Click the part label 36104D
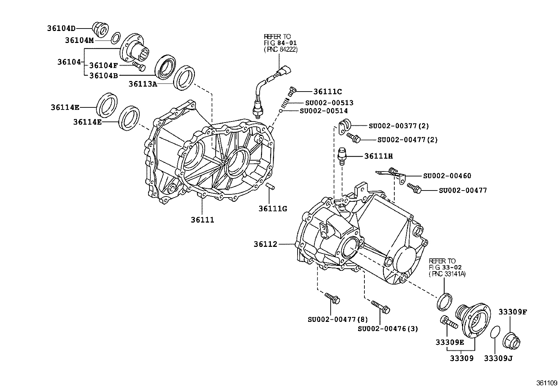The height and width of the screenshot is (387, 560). (x=61, y=28)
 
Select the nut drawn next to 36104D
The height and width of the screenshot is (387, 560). (x=100, y=29)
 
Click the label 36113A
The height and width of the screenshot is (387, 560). (x=142, y=84)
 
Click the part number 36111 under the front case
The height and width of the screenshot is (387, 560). (x=203, y=220)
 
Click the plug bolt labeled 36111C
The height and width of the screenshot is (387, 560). (x=292, y=91)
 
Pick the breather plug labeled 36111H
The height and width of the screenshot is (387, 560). (x=342, y=156)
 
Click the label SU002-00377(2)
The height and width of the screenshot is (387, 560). (x=399, y=126)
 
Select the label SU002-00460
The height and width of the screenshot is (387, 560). (x=447, y=176)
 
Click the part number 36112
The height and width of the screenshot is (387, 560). (x=266, y=244)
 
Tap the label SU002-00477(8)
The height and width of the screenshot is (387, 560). (x=337, y=319)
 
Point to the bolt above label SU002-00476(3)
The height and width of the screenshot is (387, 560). (x=380, y=307)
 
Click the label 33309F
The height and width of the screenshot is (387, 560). (x=512, y=312)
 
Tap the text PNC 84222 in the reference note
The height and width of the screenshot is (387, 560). (x=281, y=50)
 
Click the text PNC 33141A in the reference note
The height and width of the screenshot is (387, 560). (x=447, y=274)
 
